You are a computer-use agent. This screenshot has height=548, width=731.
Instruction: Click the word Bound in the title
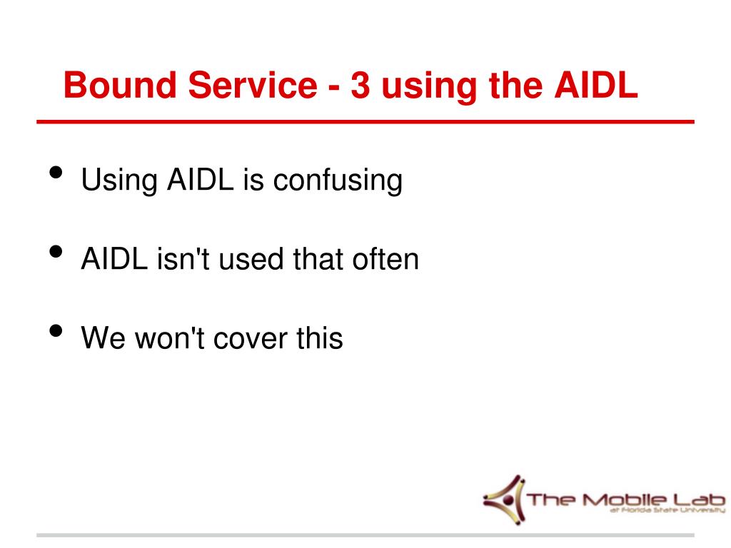point(120,85)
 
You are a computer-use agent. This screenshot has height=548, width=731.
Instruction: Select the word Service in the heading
point(253,85)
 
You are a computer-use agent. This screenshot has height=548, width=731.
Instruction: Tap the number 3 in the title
point(361,85)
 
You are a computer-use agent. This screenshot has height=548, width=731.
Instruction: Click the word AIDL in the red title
point(596,85)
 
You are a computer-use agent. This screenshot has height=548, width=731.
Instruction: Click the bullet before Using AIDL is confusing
point(56,173)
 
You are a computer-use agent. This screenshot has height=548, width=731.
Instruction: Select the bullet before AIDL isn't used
point(56,252)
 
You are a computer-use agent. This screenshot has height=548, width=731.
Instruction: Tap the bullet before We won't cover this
point(56,331)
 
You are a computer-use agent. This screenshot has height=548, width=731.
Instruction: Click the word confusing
point(338,181)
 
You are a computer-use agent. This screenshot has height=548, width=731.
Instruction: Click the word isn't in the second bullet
point(183,258)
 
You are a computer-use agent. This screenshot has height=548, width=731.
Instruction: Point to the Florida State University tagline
point(667,510)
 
